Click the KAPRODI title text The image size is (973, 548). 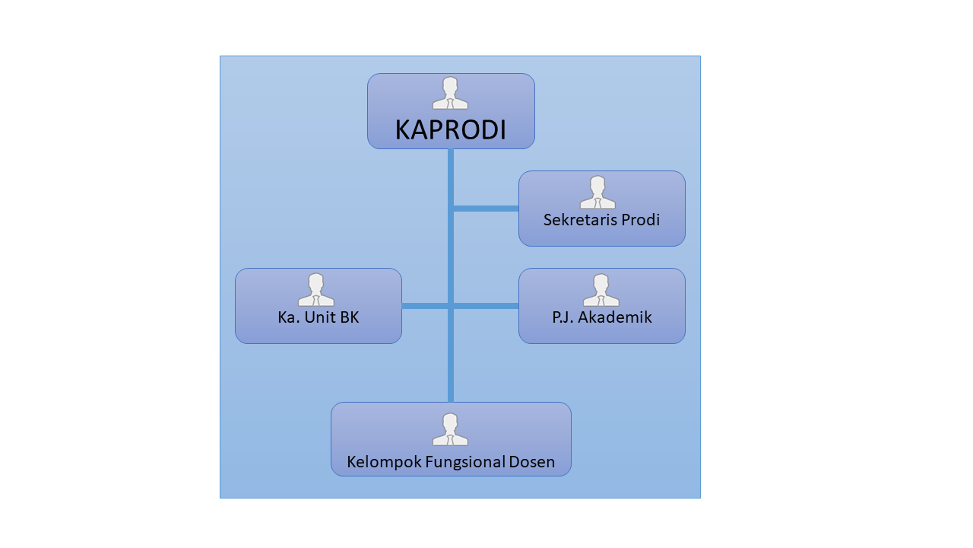pyautogui.click(x=450, y=130)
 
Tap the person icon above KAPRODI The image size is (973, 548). pyautogui.click(x=450, y=93)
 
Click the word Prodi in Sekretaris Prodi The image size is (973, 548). pyautogui.click(x=640, y=220)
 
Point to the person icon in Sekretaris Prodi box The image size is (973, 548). pyautogui.click(x=597, y=192)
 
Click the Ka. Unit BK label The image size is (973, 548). pyautogui.click(x=318, y=317)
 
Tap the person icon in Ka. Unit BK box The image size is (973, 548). pyautogui.click(x=315, y=289)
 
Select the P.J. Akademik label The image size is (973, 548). pyautogui.click(x=601, y=317)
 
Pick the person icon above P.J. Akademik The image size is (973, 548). pyautogui.click(x=601, y=289)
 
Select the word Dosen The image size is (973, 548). pyautogui.click(x=533, y=462)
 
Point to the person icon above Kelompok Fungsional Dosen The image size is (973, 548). pyautogui.click(x=450, y=429)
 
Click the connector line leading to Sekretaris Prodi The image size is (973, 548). pyautogui.click(x=486, y=209)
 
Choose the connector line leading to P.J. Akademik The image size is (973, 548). pyautogui.click(x=486, y=306)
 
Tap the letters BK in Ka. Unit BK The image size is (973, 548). pyautogui.click(x=349, y=317)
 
